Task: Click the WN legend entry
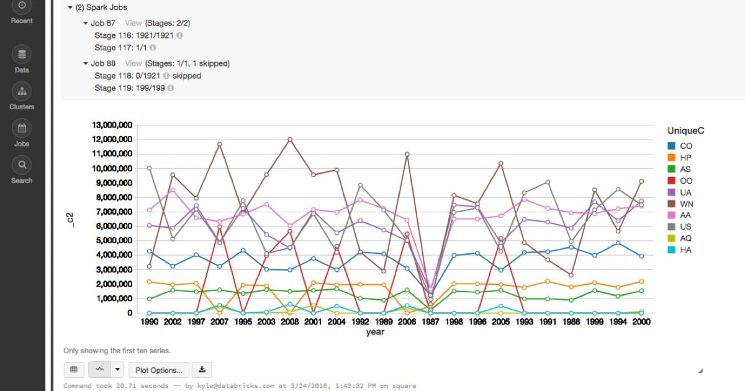(x=685, y=204)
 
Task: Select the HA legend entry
(x=685, y=249)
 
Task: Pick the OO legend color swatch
(x=671, y=181)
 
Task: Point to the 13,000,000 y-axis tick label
(x=112, y=125)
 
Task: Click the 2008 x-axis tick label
(x=289, y=322)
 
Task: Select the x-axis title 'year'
(x=375, y=332)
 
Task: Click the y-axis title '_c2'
(x=70, y=218)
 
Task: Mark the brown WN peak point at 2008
(x=290, y=139)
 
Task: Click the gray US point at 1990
(x=149, y=168)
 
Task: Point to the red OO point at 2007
(x=219, y=227)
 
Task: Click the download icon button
(x=202, y=370)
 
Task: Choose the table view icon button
(x=74, y=370)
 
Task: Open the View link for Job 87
(x=133, y=23)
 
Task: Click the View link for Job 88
(x=133, y=63)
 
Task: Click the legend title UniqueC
(x=685, y=131)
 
